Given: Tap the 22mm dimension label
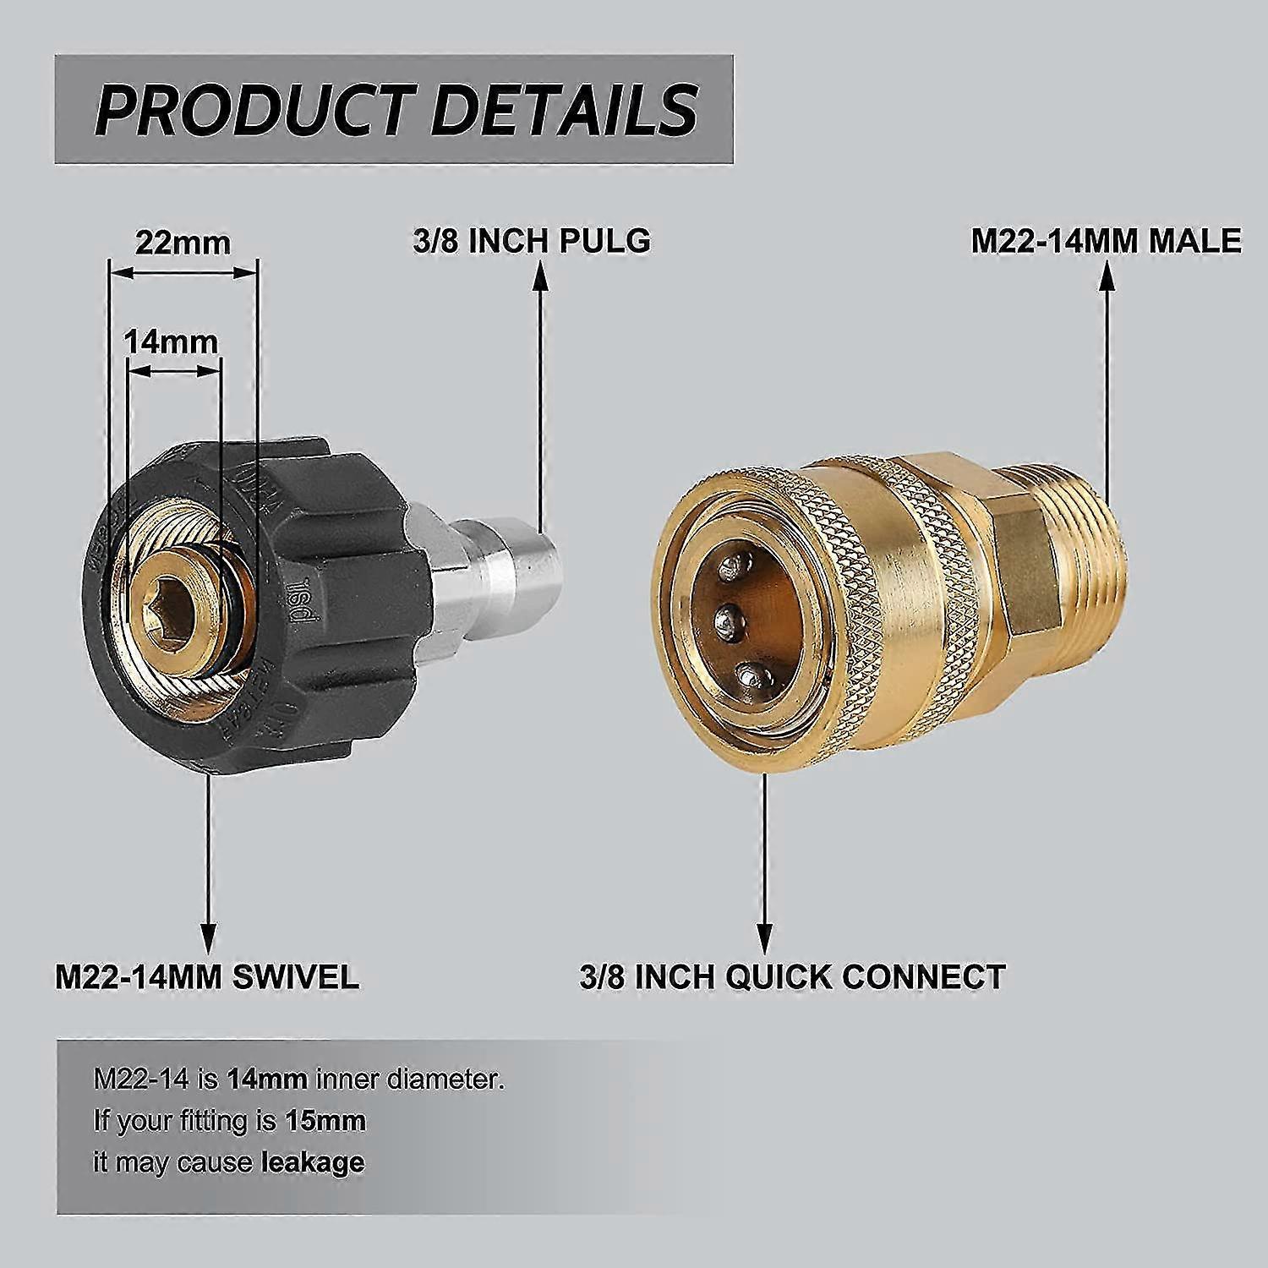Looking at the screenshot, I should tap(183, 243).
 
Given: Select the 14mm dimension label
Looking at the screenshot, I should tap(171, 342).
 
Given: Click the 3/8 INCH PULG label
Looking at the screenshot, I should tap(532, 241).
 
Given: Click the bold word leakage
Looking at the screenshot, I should tap(313, 1162).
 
